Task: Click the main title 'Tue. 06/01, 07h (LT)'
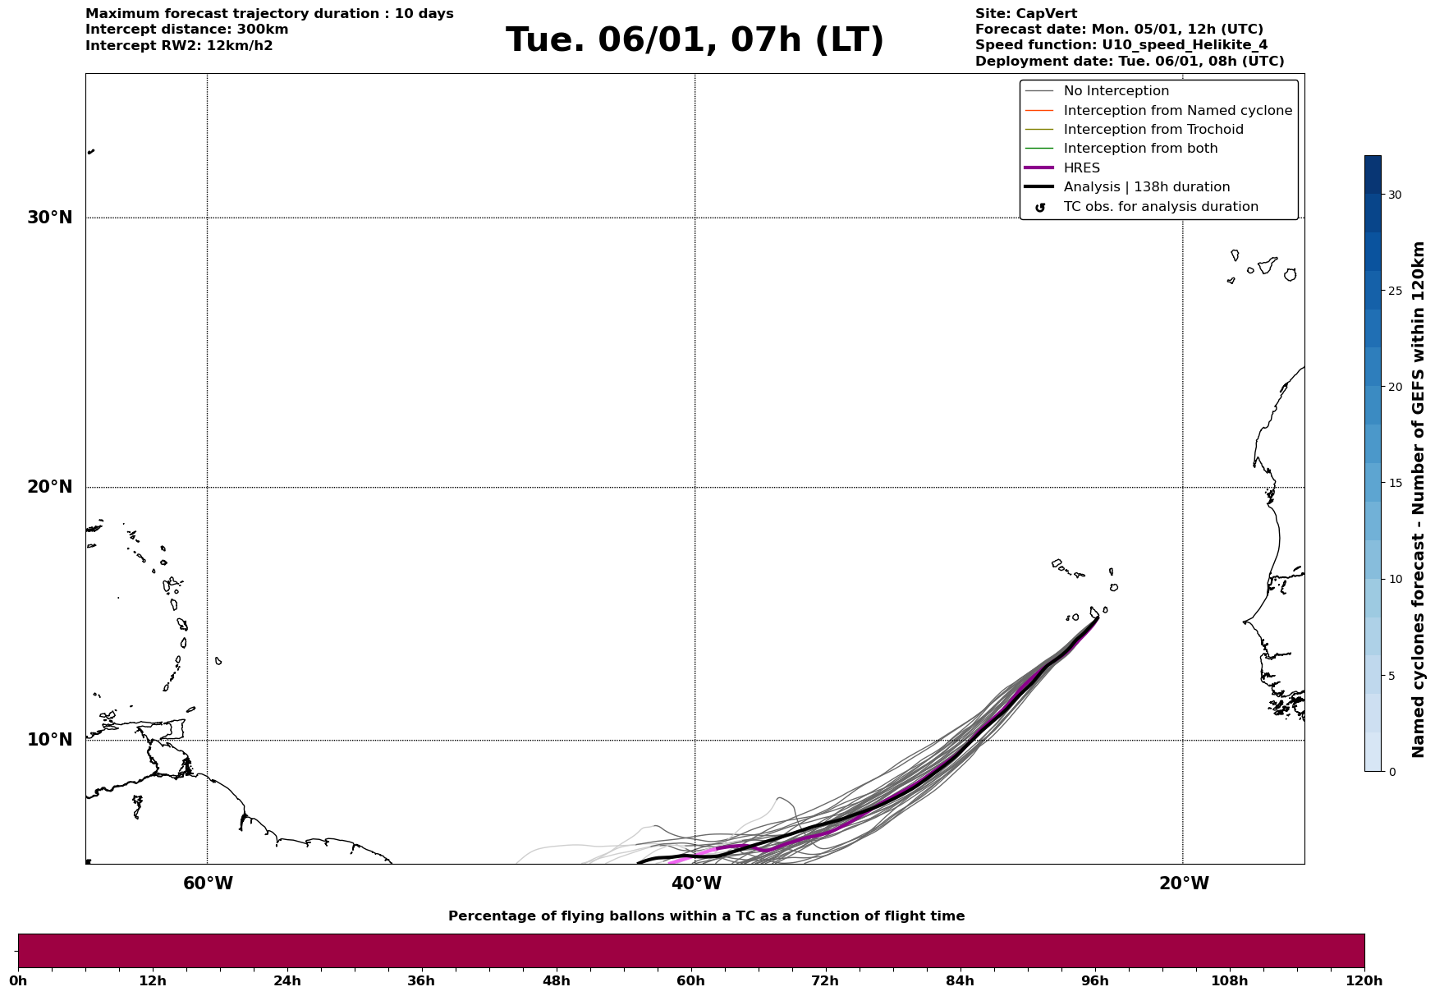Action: click(695, 40)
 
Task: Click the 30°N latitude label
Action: click(50, 218)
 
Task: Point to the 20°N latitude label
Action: click(50, 487)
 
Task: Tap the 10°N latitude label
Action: click(50, 740)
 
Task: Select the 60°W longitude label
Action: click(208, 884)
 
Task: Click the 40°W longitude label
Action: click(695, 884)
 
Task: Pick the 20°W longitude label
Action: click(1183, 884)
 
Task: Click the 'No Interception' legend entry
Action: click(1116, 91)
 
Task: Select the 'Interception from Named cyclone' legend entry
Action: click(1177, 111)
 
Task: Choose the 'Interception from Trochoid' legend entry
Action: click(1153, 130)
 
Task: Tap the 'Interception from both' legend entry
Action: click(1140, 149)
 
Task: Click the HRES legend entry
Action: click(1081, 168)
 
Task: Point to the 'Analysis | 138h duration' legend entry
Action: click(1146, 187)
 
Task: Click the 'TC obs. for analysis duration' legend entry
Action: click(1160, 207)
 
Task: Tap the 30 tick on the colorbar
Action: click(1395, 195)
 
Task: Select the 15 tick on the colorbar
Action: click(1395, 483)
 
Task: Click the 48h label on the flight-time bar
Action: click(556, 981)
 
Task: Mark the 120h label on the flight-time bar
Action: click(1364, 981)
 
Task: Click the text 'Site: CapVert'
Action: click(1025, 14)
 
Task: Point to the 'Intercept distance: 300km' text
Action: click(186, 30)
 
